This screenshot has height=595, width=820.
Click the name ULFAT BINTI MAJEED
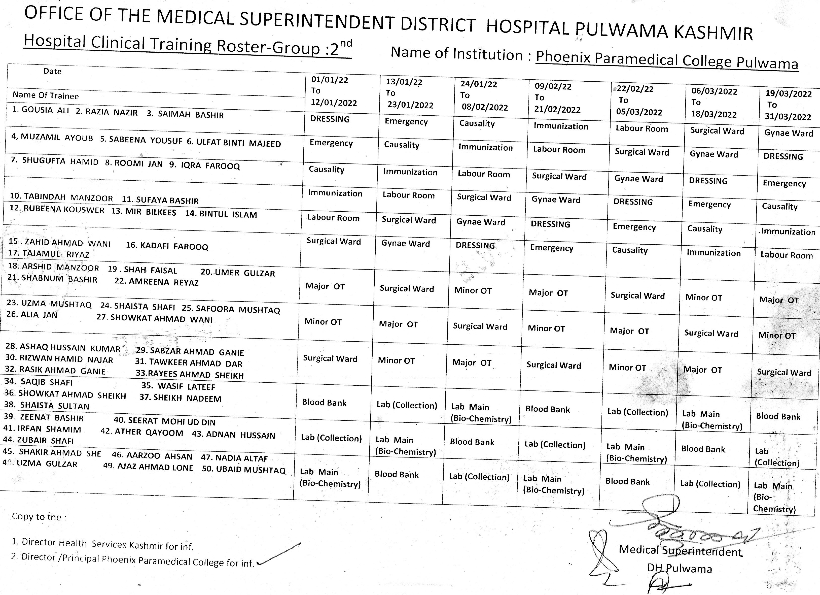239,143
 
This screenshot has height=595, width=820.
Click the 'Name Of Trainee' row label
46,95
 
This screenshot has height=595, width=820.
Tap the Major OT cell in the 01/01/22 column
325,286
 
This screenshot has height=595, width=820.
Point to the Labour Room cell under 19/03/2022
786,255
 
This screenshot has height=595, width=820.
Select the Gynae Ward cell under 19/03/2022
788,133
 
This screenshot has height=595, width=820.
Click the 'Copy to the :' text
39,516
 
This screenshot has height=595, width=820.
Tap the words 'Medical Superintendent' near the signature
680,551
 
